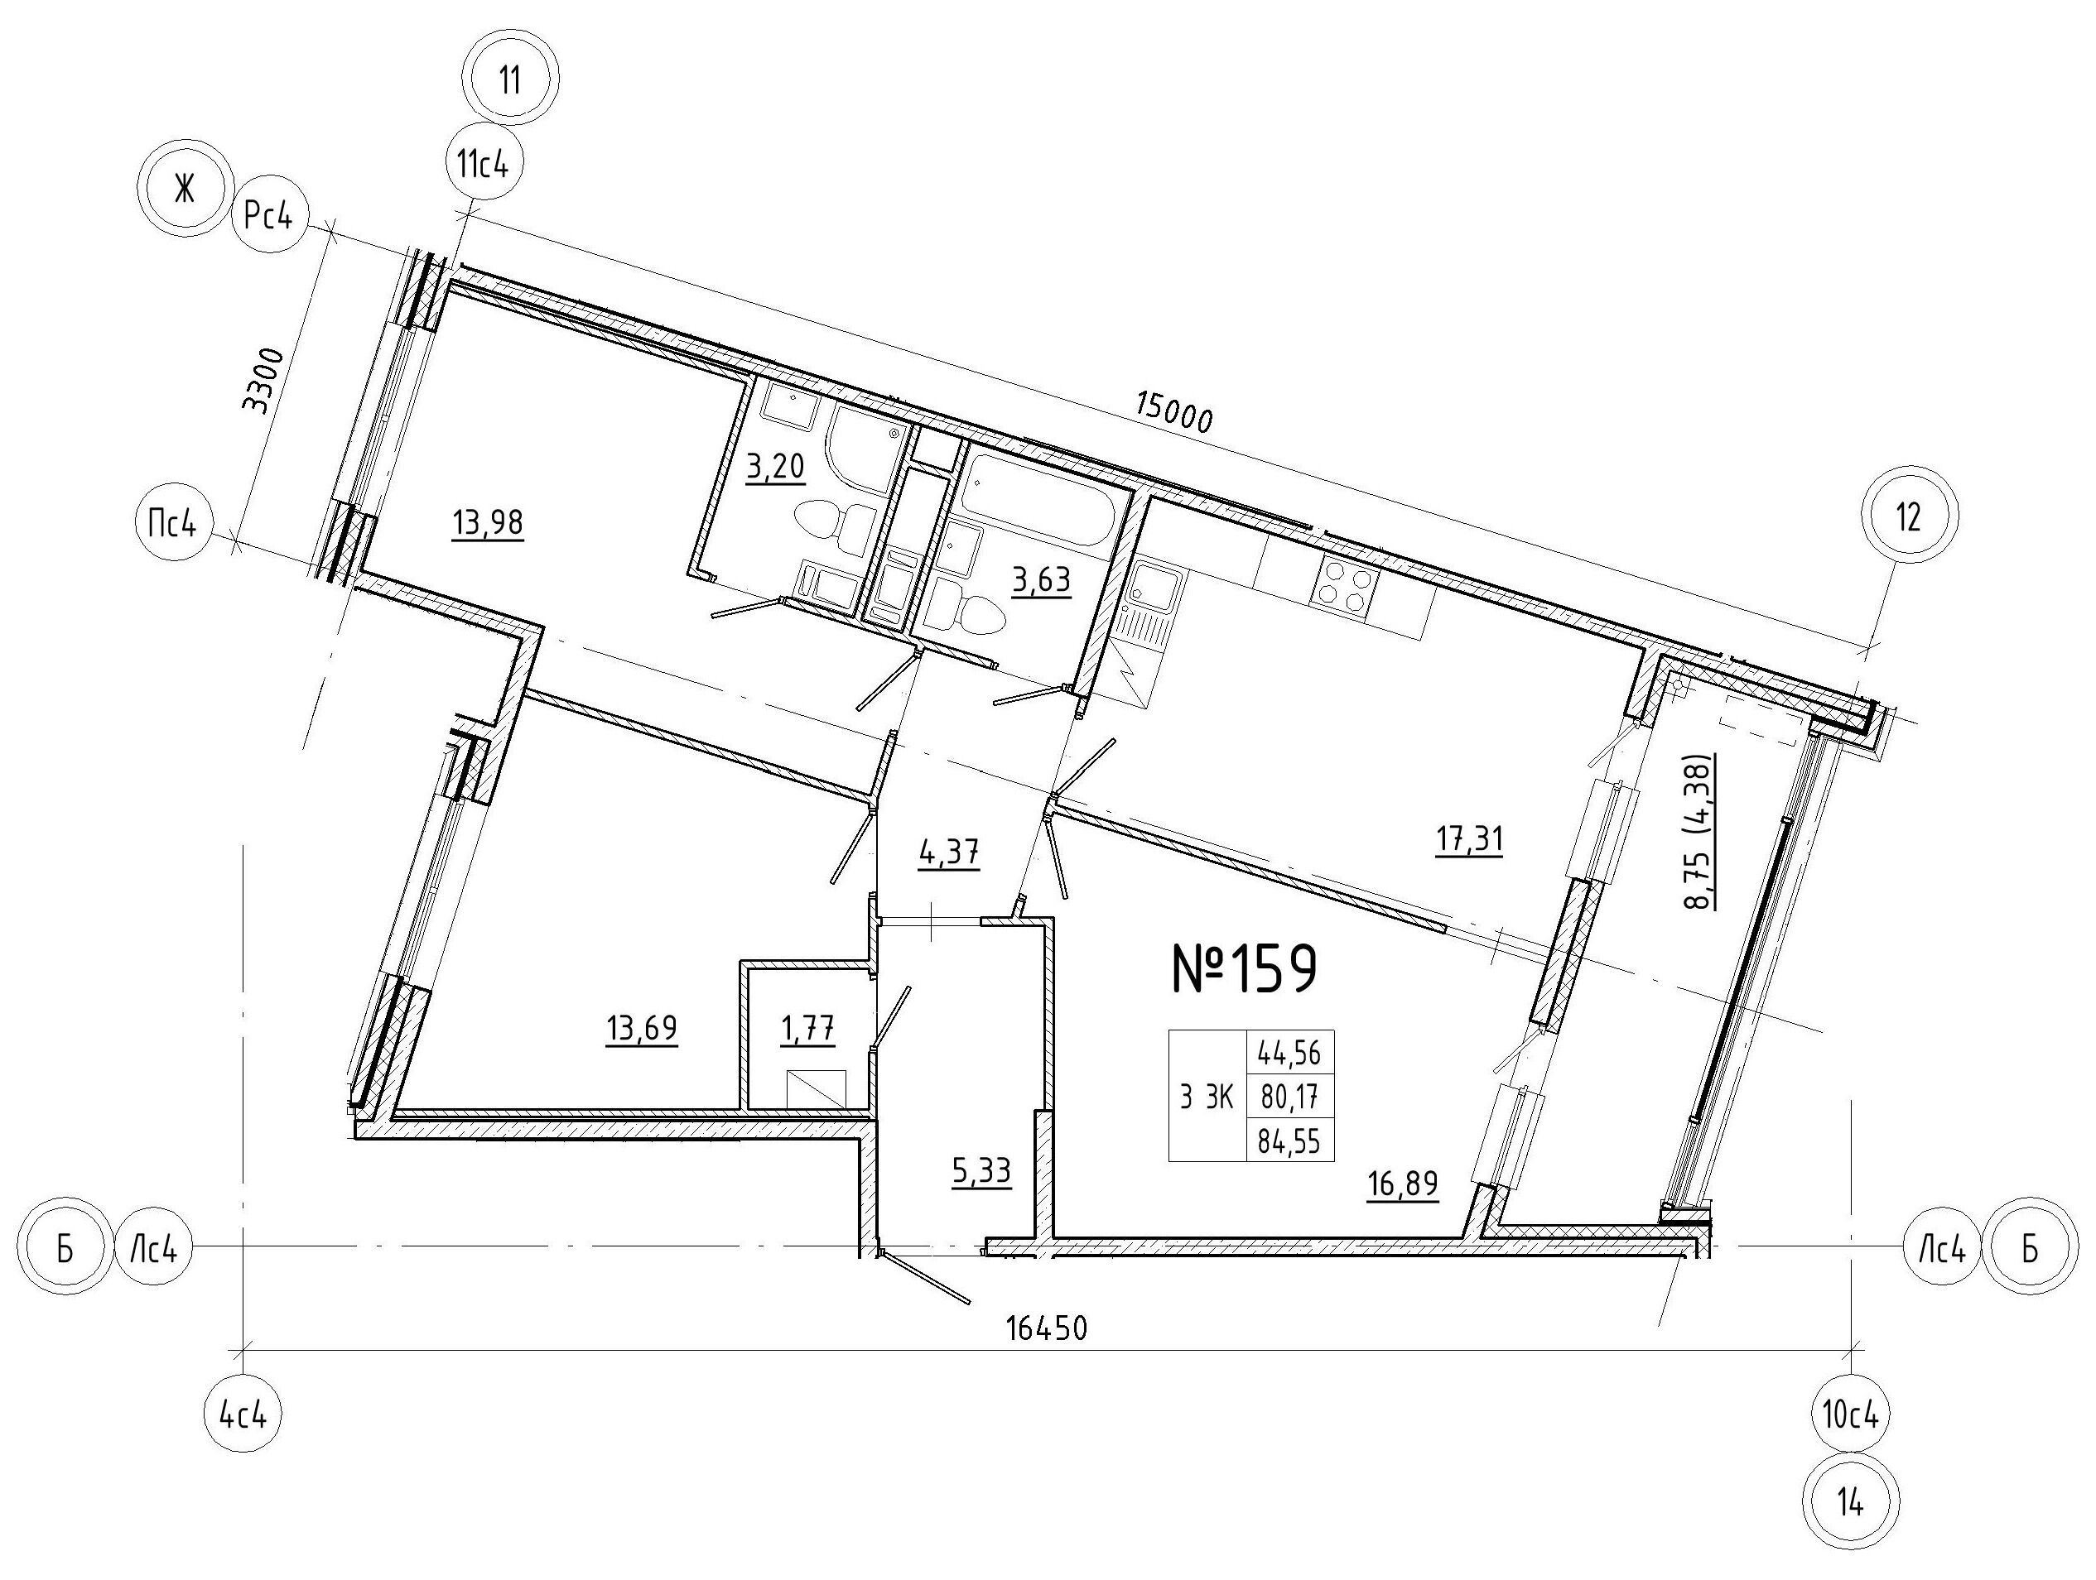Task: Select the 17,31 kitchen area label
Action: click(x=1469, y=840)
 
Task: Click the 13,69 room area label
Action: click(x=642, y=1028)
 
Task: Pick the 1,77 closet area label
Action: click(x=807, y=1028)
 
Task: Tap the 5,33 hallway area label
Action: click(x=981, y=1172)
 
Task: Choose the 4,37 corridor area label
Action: click(x=948, y=853)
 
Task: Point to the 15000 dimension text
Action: click(x=1173, y=415)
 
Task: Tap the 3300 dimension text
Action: click(x=263, y=381)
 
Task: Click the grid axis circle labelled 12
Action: click(x=1910, y=518)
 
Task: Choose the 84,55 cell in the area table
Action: click(x=1289, y=1143)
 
